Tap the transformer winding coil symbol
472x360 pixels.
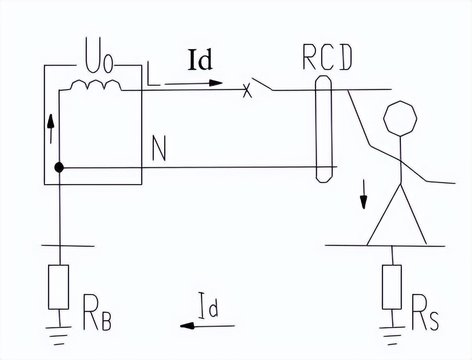click(x=96, y=85)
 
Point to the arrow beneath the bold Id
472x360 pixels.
click(x=194, y=83)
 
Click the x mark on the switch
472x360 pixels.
click(x=248, y=92)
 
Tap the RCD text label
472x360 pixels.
click(x=327, y=61)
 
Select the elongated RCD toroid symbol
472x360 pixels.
click(x=324, y=129)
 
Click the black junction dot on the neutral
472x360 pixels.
click(x=60, y=167)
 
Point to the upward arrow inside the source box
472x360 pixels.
click(x=51, y=128)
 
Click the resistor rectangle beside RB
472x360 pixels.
click(x=59, y=287)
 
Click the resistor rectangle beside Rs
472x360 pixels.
click(x=392, y=287)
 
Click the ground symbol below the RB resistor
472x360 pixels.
click(x=59, y=332)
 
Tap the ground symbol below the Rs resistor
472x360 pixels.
click(x=392, y=332)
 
